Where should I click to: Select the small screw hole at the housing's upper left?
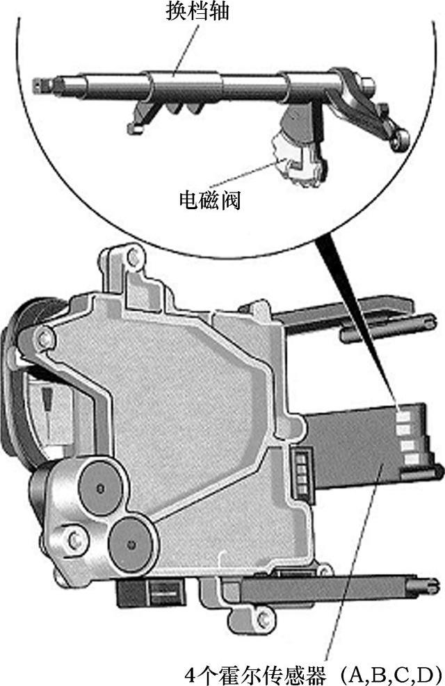(44, 338)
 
